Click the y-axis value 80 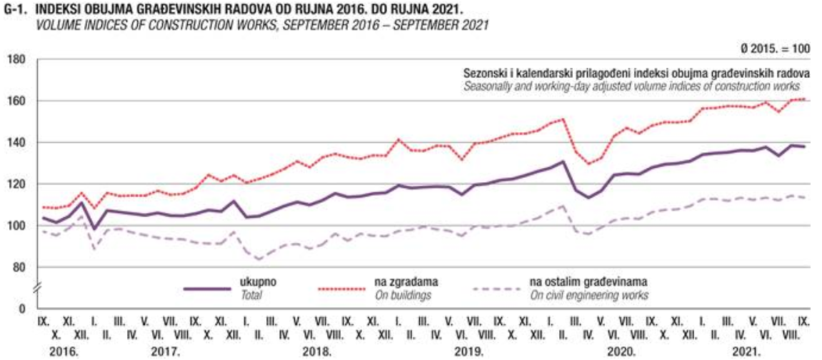click(x=17, y=268)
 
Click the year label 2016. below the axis click(x=64, y=351)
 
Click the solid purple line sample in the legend click(x=207, y=289)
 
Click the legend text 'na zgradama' click(x=400, y=282)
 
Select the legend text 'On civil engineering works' click(x=589, y=294)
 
